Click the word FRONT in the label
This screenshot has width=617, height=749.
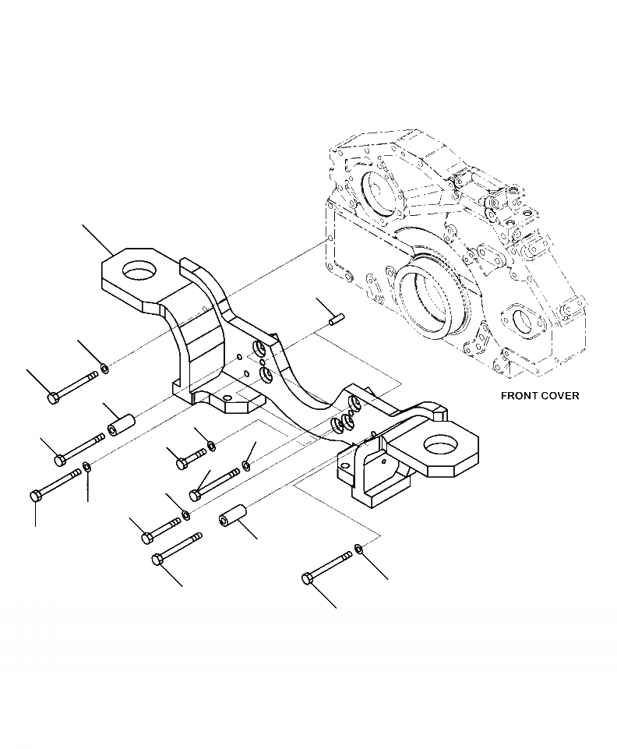coord(518,396)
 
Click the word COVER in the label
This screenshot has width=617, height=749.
coord(561,396)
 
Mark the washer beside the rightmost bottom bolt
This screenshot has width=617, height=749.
coord(357,550)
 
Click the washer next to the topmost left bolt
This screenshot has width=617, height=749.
coord(104,368)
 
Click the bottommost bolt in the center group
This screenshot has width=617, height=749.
coord(178,547)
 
